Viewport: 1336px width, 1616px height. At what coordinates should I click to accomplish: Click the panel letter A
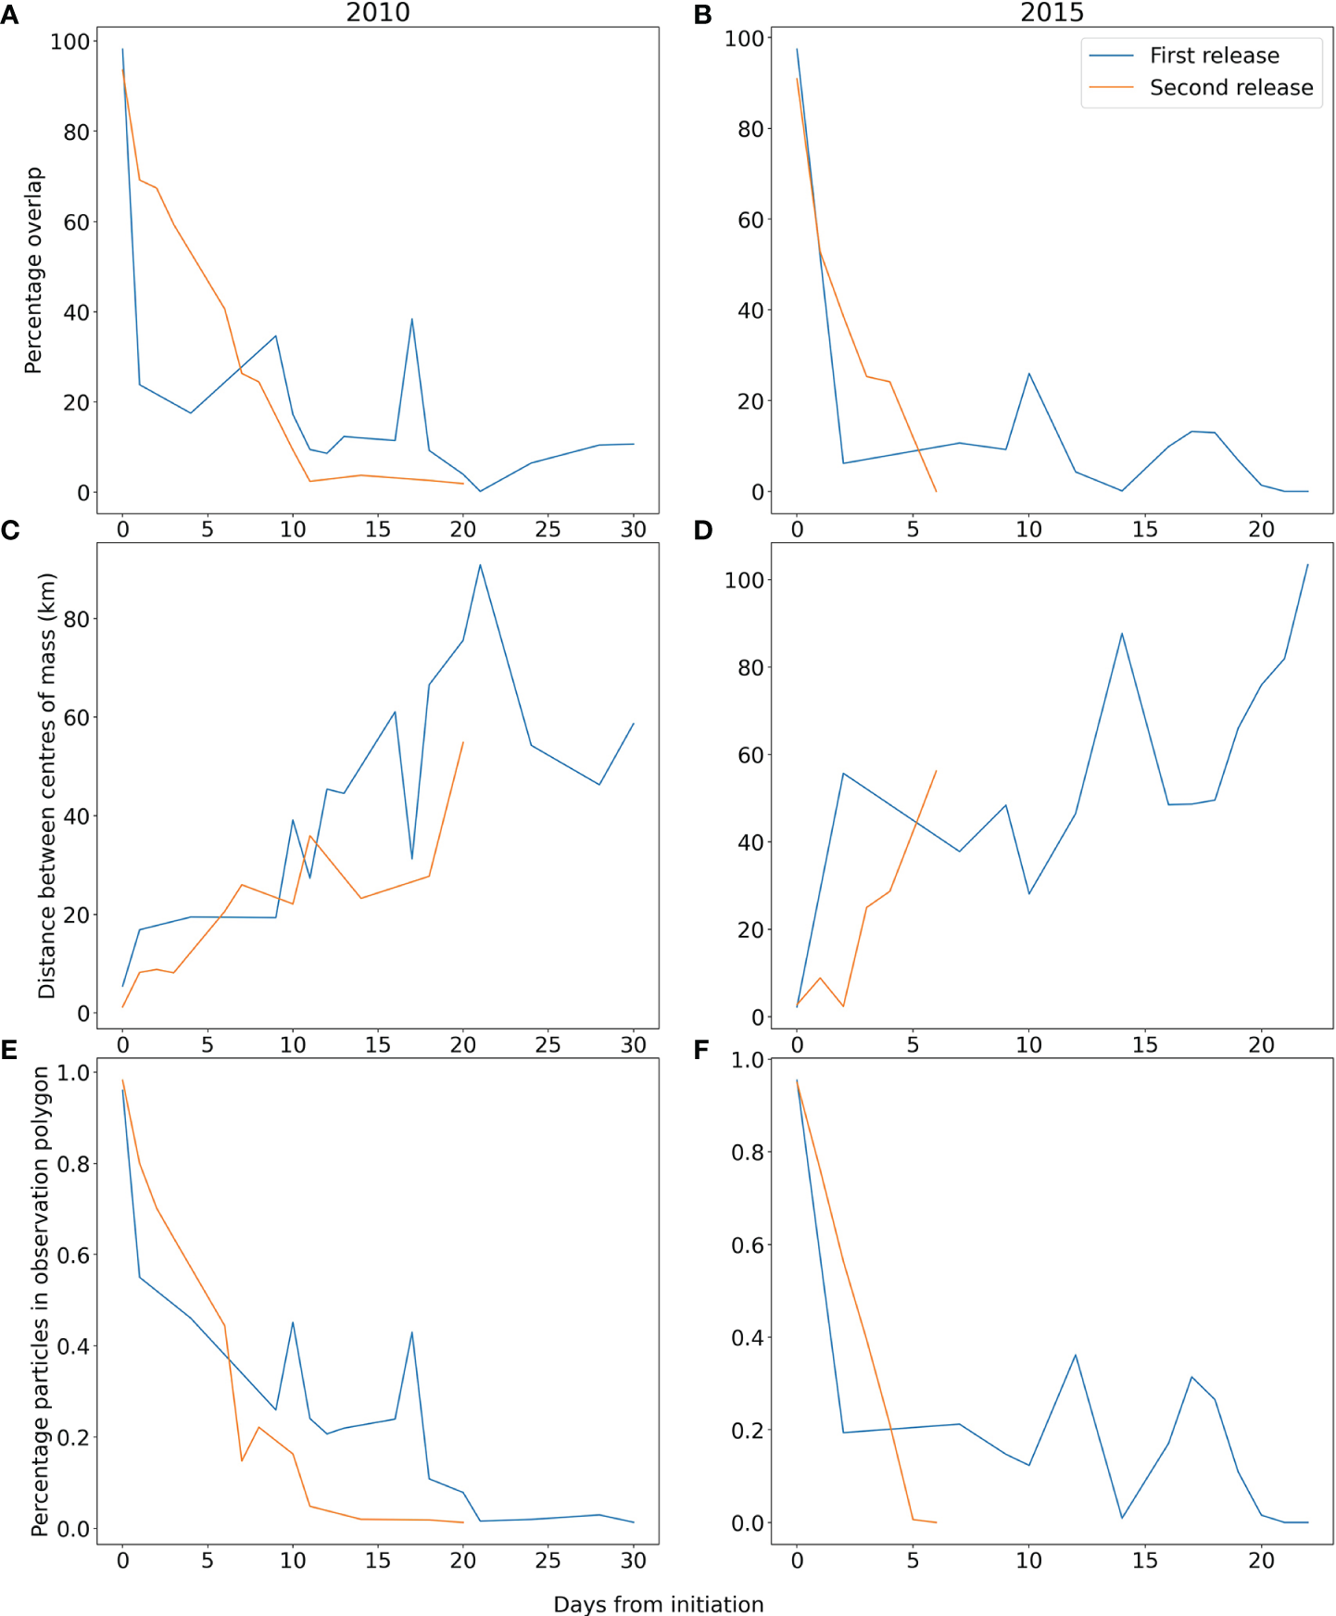[9, 15]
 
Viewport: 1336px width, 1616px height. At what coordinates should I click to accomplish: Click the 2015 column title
[1052, 13]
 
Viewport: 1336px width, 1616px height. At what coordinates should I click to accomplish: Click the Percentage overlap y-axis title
[34, 270]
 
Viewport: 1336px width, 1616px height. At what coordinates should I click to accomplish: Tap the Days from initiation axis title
[658, 1604]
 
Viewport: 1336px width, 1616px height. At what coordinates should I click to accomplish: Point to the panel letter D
[703, 531]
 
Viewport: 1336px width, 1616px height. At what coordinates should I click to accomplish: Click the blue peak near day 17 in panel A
[411, 320]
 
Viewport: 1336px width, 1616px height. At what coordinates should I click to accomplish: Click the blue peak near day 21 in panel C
[480, 565]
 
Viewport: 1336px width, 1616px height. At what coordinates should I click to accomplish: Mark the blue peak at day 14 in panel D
[1122, 634]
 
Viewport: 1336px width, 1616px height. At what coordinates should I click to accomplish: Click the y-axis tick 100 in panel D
[744, 581]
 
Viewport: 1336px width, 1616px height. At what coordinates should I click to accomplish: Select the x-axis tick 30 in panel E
[633, 1561]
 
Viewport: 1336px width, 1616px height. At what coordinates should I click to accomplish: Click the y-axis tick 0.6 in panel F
[748, 1245]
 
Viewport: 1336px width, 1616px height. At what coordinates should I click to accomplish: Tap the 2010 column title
[377, 13]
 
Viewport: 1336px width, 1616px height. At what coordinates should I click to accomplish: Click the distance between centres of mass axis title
[47, 785]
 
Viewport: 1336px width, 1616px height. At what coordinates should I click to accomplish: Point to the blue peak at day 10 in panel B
[1029, 374]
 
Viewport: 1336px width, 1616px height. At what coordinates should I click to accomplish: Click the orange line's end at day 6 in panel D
[936, 771]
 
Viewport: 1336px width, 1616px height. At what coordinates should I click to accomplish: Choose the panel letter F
[701, 1050]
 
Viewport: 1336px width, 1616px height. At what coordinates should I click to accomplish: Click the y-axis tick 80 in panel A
[76, 133]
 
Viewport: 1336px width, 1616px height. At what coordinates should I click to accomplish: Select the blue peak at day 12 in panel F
[1076, 1355]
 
